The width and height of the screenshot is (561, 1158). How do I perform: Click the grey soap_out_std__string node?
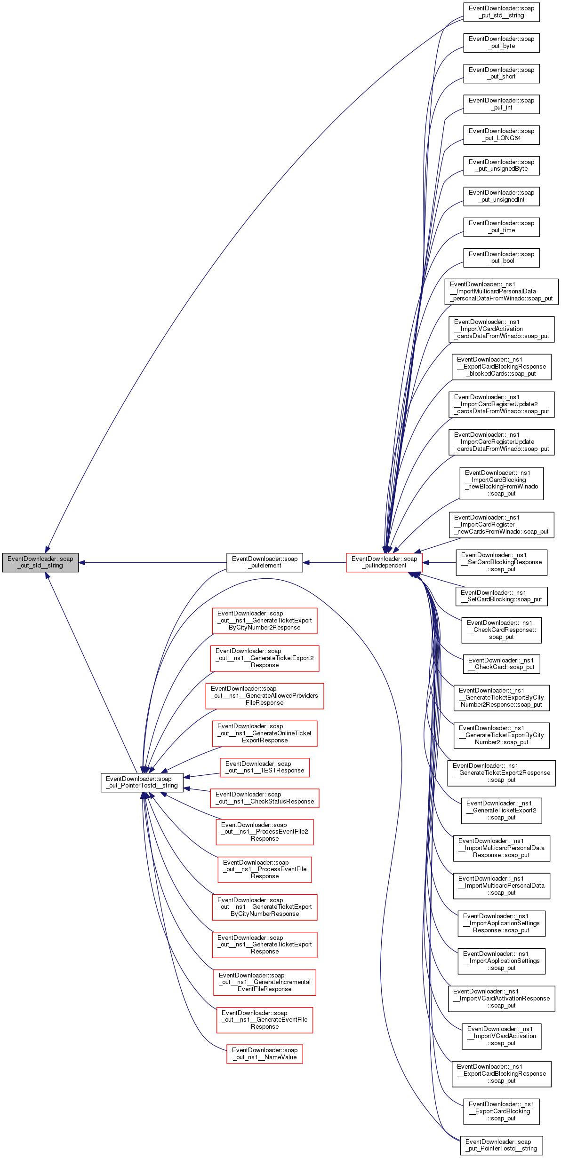tap(40, 562)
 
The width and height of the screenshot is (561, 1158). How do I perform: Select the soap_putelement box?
tap(264, 562)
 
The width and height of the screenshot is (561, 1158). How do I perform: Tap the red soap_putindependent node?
tap(384, 562)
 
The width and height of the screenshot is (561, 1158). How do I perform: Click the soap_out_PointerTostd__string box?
tap(142, 782)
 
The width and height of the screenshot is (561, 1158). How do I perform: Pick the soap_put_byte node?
tap(501, 43)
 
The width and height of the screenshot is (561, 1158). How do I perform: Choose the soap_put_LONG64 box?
tap(501, 135)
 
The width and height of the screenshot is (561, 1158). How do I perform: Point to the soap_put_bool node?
tap(501, 258)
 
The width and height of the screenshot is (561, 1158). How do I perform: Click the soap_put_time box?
tap(501, 227)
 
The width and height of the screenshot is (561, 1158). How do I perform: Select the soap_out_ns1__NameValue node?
tap(264, 1054)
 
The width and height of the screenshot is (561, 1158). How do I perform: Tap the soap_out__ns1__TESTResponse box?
tap(264, 767)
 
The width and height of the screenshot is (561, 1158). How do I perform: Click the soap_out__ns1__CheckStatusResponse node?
tap(264, 798)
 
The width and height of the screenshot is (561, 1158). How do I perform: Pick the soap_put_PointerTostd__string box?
tap(501, 1145)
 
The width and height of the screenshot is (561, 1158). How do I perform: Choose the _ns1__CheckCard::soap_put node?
tap(501, 664)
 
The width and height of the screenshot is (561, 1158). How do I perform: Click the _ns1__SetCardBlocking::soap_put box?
tap(501, 596)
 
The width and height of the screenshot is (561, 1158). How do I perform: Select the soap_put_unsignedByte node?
tap(501, 165)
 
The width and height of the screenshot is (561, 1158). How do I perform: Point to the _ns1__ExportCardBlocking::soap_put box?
tap(501, 1111)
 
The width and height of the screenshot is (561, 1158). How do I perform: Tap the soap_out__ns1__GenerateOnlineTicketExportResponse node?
tap(264, 733)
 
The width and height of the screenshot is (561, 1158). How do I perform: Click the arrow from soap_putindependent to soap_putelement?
tap(325, 562)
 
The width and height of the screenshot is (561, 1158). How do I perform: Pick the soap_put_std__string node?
tap(501, 12)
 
